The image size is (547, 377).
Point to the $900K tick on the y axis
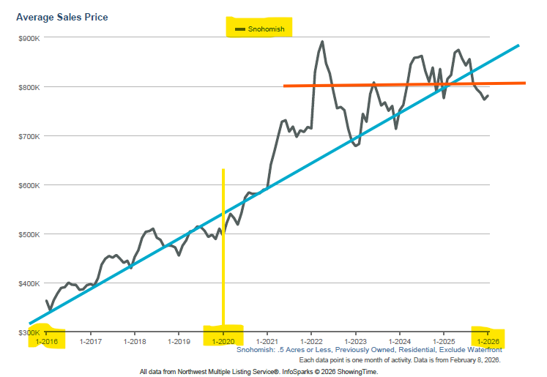click(30, 37)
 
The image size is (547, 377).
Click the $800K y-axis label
click(30, 87)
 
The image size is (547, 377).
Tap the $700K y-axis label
click(30, 136)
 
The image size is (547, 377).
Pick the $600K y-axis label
click(30, 185)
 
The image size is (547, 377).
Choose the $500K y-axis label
click(30, 234)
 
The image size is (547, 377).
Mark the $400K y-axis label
click(30, 283)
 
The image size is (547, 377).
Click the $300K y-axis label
click(30, 332)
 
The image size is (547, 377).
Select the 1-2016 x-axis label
click(47, 341)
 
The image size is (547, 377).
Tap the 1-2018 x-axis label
click(135, 341)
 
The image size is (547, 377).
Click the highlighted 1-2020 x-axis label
click(223, 341)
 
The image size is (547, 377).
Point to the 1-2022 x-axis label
click(311, 341)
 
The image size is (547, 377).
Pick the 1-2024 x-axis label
click(399, 341)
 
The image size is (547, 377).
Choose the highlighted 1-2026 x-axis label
click(488, 341)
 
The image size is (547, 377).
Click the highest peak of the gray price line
click(322, 42)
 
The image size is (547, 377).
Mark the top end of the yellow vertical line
click(223, 170)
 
